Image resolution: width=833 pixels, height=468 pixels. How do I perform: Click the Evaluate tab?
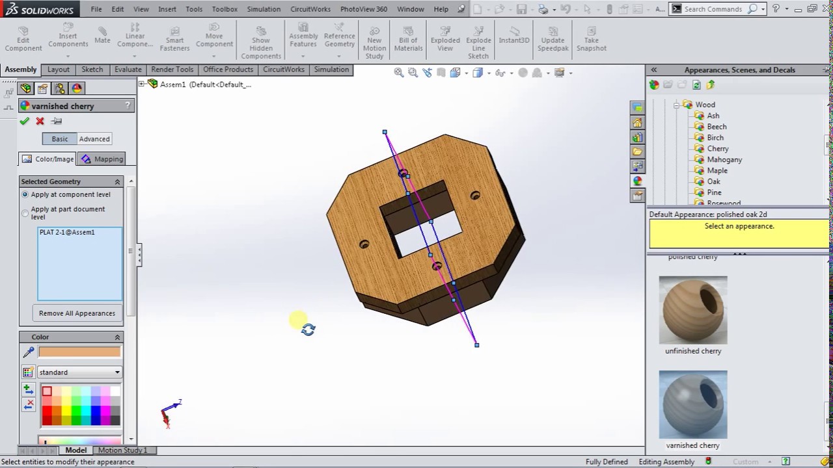pos(128,70)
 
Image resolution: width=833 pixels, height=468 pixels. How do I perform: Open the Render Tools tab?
pos(172,70)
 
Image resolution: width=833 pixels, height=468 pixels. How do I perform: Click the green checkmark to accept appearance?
pos(25,121)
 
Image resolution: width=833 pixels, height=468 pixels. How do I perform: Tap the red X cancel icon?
pos(40,121)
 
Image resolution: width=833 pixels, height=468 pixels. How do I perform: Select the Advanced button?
pos(94,139)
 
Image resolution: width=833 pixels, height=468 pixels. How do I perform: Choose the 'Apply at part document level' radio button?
pos(25,213)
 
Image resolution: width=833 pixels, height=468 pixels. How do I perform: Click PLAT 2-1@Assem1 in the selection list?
pos(67,232)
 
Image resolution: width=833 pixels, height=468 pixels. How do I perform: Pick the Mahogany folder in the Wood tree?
pos(724,159)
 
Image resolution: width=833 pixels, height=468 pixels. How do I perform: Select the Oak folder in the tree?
pos(713,181)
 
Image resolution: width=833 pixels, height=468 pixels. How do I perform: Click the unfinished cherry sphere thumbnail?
pos(692,310)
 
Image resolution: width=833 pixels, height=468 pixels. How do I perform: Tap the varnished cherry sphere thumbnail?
pos(692,404)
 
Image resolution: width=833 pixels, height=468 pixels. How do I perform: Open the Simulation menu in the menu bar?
pos(264,9)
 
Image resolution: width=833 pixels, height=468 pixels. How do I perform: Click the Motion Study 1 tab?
pos(122,450)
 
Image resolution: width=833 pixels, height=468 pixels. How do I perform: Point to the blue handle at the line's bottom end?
pos(477,344)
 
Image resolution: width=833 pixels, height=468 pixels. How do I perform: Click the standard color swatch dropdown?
pos(79,372)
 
